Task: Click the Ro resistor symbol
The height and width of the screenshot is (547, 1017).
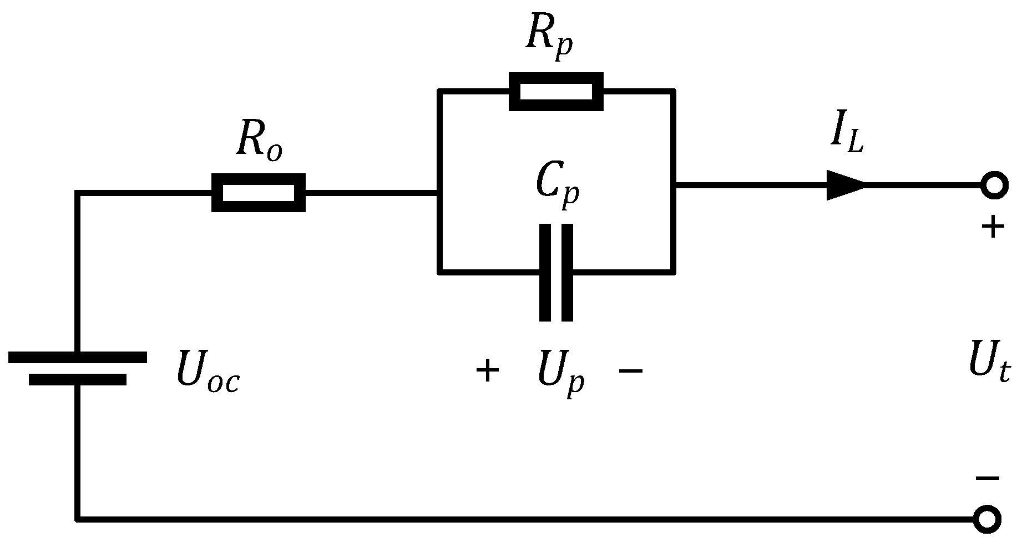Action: coord(258,193)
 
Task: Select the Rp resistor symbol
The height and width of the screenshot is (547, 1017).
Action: coord(556,91)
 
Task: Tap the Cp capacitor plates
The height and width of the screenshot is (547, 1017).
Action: coord(556,272)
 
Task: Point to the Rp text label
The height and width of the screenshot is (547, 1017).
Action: coord(549,42)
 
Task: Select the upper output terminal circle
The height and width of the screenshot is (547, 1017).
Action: coord(994,185)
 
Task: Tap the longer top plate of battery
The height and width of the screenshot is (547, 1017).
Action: coord(78,357)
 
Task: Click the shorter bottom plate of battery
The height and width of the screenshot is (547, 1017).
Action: coord(78,380)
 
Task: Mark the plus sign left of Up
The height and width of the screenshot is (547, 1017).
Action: coord(488,370)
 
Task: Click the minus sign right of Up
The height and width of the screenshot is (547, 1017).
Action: coord(630,370)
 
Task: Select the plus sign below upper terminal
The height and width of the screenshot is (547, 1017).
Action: coord(993,227)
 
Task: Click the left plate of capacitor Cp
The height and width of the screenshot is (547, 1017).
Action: coord(545,272)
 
